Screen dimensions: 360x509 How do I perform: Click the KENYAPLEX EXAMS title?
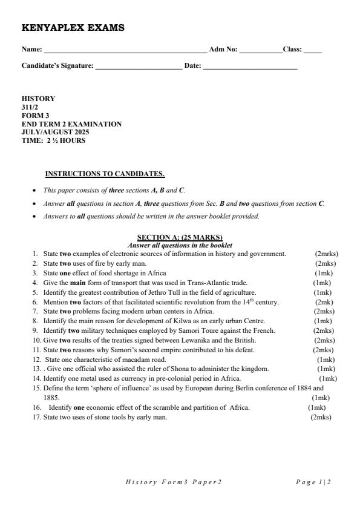[x=73, y=28]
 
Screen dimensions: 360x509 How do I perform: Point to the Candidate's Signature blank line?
[x=139, y=67]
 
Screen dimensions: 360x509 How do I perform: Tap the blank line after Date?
[x=250, y=67]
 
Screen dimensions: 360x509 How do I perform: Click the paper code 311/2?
[x=30, y=107]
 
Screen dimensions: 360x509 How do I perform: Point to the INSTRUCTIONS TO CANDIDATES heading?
[x=105, y=174]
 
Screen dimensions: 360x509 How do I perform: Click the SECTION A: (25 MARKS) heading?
[x=180, y=237]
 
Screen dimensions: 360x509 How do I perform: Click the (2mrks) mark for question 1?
[x=326, y=254]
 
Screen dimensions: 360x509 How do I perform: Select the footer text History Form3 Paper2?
[x=174, y=482]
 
